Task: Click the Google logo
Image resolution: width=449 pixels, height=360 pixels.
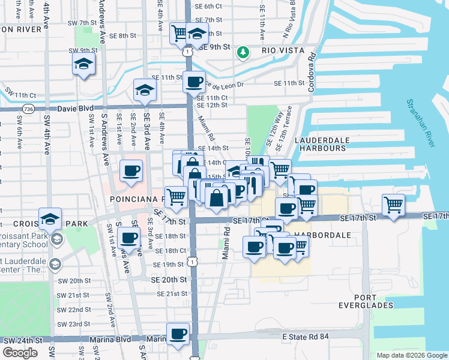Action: tap(20, 353)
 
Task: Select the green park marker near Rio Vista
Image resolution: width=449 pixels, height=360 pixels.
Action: tap(243, 52)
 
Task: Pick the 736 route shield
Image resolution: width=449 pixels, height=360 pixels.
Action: tap(28, 109)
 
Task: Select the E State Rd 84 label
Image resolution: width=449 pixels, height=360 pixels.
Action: tap(306, 337)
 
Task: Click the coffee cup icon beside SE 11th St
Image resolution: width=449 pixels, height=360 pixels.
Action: tap(194, 82)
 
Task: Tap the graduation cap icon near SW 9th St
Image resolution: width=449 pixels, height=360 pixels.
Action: tap(84, 64)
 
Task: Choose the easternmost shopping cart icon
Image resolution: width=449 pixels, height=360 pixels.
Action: tap(393, 205)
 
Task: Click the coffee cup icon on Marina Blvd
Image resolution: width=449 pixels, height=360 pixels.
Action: tap(177, 334)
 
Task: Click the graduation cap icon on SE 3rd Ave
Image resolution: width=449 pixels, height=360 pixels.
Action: tap(144, 90)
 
